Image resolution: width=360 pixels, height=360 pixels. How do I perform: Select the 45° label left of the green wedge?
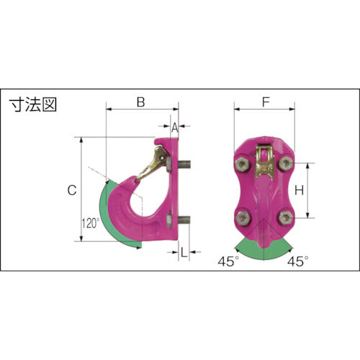230,261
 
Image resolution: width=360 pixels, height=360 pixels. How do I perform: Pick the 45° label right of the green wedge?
300,261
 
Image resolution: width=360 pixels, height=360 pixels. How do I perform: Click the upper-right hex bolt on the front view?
287,166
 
